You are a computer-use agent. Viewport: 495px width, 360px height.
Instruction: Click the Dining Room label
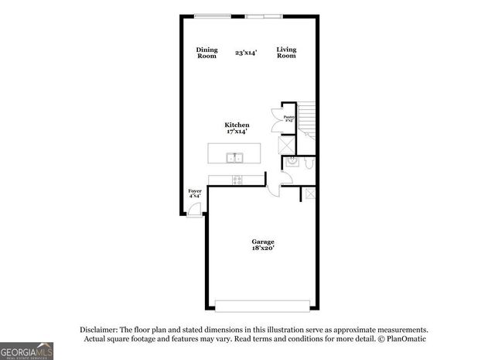pos(207,53)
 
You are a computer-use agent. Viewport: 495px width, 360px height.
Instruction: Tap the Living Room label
pos(286,53)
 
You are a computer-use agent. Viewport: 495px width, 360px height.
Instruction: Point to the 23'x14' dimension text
pos(247,53)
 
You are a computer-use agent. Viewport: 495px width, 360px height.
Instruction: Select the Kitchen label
pos(237,125)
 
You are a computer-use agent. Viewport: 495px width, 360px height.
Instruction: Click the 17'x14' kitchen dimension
pos(237,132)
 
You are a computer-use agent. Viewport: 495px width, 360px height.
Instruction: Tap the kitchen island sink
pos(234,158)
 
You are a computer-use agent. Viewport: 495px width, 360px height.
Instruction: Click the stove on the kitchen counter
pos(237,180)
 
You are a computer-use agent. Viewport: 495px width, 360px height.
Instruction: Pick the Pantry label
pos(288,118)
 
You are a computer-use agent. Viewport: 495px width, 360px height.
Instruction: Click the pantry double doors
pos(276,121)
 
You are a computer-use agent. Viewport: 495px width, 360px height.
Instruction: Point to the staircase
pos(307,119)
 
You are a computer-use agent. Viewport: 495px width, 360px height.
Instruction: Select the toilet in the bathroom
pos(308,163)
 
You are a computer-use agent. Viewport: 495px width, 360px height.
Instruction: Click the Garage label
pos(263,242)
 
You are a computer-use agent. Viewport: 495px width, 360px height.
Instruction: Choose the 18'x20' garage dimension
pos(263,249)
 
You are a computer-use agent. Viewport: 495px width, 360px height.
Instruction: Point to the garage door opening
pos(262,304)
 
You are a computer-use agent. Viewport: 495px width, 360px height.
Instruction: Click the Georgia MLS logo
pos(27,351)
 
